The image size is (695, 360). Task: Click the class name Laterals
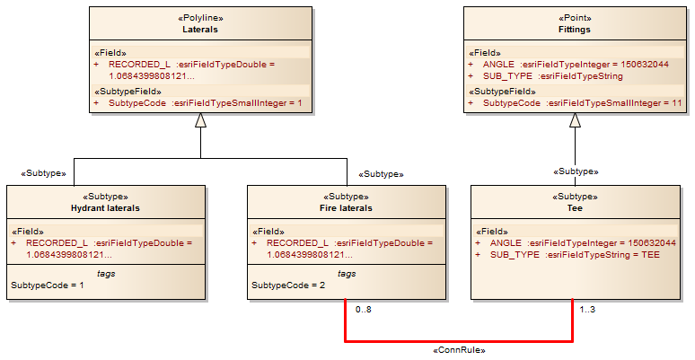pos(200,30)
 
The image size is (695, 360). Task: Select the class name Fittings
pos(575,30)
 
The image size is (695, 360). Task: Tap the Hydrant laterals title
pos(105,208)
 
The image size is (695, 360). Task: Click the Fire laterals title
pos(346,208)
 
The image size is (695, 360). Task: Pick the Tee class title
pos(575,208)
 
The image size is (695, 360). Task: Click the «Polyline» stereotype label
pos(200,18)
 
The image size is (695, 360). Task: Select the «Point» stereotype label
pos(575,18)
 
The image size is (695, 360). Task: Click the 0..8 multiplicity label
pos(364,311)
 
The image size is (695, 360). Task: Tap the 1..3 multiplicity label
pos(587,311)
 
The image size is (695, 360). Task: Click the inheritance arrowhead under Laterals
pos(200,121)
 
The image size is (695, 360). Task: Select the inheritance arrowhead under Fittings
pos(575,121)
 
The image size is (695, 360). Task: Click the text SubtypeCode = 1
pos(47,285)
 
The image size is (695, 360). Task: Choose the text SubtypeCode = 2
pos(287,285)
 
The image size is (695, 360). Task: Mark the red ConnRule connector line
pos(459,341)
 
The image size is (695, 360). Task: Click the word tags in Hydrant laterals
pos(105,273)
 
